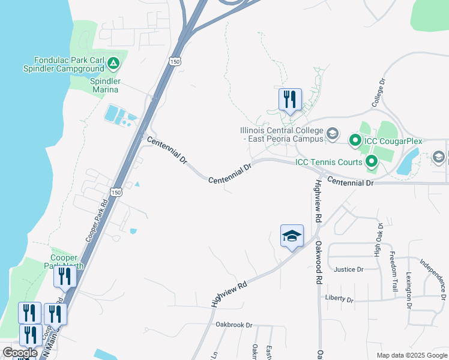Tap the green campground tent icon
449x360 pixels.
[x=113, y=62]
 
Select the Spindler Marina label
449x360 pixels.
[x=105, y=85]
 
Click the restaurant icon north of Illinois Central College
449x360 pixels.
[x=290, y=99]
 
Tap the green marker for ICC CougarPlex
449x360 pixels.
[x=355, y=141]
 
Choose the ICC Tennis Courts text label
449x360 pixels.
[x=328, y=162]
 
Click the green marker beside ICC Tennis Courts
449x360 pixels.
[x=372, y=161]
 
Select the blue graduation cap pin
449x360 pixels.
[x=292, y=236]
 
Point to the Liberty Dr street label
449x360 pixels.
[x=339, y=298]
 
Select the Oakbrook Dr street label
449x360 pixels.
[x=234, y=325]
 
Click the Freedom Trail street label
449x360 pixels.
[x=393, y=271]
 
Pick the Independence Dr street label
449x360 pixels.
[x=433, y=278]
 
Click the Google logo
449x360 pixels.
[x=20, y=353]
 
